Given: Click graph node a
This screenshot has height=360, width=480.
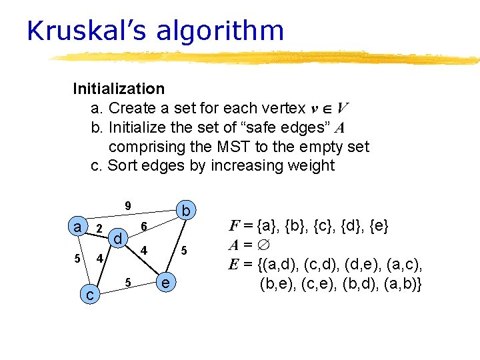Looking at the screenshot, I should click(77, 227).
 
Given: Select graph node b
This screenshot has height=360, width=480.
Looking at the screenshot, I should click(187, 211).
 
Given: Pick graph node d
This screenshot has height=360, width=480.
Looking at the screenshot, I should click(117, 238).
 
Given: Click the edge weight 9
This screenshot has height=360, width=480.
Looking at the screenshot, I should click(128, 205).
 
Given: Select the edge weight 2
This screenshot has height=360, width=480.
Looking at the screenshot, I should click(99, 229).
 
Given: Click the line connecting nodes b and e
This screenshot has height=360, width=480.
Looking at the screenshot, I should click(177, 247).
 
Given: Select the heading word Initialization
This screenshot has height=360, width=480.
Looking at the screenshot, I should click(119, 89).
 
